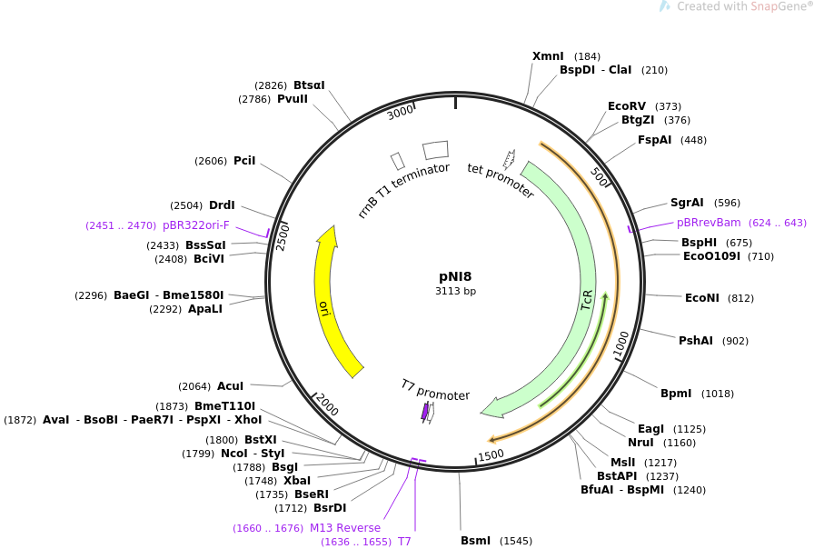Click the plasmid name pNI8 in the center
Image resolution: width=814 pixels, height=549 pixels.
[x=455, y=276]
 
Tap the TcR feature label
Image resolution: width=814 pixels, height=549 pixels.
[x=587, y=301]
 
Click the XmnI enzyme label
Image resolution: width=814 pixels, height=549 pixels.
[x=548, y=56]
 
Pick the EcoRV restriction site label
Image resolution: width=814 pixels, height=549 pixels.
[x=627, y=106]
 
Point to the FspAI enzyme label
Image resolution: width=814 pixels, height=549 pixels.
[x=654, y=140]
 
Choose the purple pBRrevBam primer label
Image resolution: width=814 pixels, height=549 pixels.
[x=709, y=223]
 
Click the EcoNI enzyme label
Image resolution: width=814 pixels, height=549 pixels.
[x=701, y=298]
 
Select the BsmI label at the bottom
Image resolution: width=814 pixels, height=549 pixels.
[x=475, y=541]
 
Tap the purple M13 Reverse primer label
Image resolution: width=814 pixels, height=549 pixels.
[x=345, y=528]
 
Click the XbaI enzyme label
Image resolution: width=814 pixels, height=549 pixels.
[x=297, y=481]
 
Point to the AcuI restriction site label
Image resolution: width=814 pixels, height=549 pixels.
[x=230, y=386]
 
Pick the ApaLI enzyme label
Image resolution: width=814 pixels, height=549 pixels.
[x=205, y=309]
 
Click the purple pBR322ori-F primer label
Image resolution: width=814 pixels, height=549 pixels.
[x=196, y=225]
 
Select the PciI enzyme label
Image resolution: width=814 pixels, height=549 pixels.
[x=244, y=161]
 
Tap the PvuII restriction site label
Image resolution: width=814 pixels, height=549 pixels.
[x=293, y=99]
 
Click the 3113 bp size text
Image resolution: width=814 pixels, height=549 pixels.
[x=455, y=292]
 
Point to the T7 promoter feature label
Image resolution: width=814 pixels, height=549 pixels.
[x=435, y=390]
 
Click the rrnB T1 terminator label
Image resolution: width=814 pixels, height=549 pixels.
[x=403, y=191]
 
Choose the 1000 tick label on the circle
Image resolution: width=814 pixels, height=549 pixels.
[x=621, y=344]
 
